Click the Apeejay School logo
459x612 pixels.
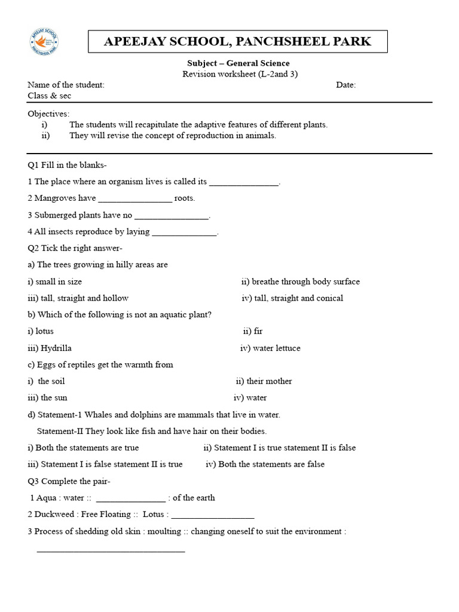pyautogui.click(x=44, y=43)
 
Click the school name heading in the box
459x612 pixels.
pyautogui.click(x=237, y=41)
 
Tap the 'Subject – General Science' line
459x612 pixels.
pyautogui.click(x=238, y=63)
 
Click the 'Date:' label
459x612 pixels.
pyautogui.click(x=345, y=85)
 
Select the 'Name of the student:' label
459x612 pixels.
pyautogui.click(x=66, y=85)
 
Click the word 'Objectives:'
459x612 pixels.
pyautogui.click(x=48, y=114)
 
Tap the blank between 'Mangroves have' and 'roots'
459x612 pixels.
pyautogui.click(x=134, y=198)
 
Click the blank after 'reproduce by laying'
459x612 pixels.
pyautogui.click(x=184, y=232)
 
